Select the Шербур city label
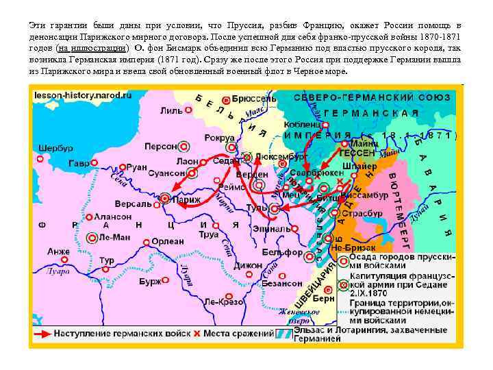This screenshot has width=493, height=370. tap(56, 148)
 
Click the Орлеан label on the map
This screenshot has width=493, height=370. tap(168, 241)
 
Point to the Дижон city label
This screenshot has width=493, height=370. tap(248, 264)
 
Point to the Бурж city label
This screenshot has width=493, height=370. tap(150, 281)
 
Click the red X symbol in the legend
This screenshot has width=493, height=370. tap(197, 334)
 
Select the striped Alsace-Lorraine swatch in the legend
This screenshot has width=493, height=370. tap(281, 334)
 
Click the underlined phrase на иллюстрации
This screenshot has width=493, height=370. tap(92, 49)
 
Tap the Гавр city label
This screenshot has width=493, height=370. tap(79, 164)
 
